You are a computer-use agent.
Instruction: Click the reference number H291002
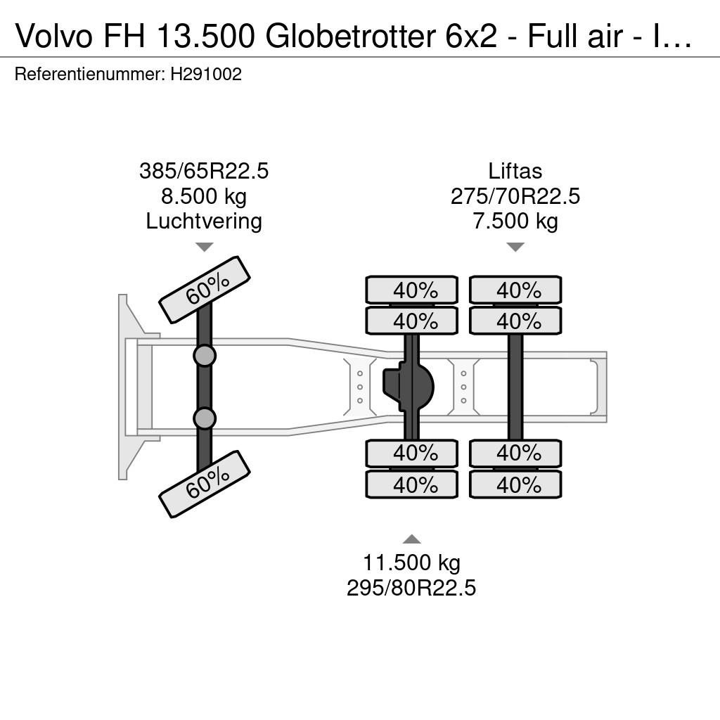(206, 75)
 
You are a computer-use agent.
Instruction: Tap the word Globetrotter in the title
(350, 36)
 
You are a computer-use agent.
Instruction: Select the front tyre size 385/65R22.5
(204, 172)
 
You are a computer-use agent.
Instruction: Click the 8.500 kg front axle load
(204, 197)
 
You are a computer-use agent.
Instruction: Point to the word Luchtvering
(204, 221)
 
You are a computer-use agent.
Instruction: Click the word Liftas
(515, 172)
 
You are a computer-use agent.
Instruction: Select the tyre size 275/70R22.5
(515, 197)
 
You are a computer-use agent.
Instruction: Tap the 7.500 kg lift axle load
(515, 221)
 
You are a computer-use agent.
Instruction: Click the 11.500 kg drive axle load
(411, 562)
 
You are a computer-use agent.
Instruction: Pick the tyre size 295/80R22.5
(411, 588)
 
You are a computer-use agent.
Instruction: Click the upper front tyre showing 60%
(205, 290)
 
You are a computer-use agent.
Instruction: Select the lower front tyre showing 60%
(205, 484)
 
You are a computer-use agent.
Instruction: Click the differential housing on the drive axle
(409, 387)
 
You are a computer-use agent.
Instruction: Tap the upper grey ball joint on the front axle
(205, 356)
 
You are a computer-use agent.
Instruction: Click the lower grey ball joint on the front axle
(205, 418)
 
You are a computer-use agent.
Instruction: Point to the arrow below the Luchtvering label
(205, 247)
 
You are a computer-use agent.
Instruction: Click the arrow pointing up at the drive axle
(411, 539)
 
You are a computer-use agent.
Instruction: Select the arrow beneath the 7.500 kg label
(515, 247)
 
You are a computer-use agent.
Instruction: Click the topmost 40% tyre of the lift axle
(515, 290)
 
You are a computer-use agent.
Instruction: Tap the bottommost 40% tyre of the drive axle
(412, 484)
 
